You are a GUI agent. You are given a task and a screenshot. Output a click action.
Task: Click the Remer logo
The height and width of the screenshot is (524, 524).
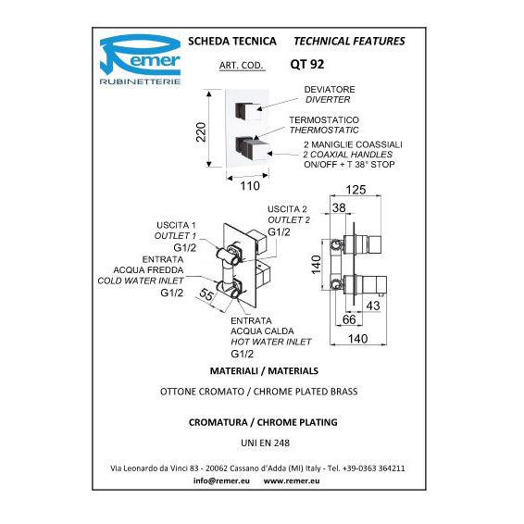(140, 59)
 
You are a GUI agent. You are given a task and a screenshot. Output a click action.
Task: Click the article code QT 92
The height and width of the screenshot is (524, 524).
(307, 64)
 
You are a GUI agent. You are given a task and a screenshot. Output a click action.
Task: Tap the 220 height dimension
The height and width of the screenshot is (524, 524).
(201, 132)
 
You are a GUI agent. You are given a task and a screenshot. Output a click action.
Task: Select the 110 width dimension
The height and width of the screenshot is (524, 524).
(250, 186)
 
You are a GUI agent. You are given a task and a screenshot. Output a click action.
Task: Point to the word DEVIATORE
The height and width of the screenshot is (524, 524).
(330, 90)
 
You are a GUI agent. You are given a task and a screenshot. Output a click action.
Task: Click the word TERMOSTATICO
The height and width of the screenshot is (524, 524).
(324, 120)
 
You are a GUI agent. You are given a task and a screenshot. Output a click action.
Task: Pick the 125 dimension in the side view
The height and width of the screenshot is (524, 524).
(356, 190)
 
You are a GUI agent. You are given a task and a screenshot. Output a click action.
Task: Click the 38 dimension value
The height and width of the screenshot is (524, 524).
(339, 208)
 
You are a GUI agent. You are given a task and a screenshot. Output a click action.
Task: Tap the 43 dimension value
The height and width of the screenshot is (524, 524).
(373, 306)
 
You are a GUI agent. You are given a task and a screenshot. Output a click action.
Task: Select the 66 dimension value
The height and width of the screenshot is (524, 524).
(349, 319)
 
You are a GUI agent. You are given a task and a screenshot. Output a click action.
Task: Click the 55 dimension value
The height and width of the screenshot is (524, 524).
(206, 294)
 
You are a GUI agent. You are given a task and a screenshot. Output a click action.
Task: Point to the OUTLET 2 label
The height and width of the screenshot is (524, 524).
(289, 220)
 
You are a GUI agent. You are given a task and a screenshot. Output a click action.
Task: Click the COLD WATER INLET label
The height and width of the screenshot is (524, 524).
(141, 281)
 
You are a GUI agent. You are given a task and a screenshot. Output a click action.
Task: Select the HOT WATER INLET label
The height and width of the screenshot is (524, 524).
(271, 342)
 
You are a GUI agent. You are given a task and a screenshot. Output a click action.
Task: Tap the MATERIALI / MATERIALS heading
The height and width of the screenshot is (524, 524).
(264, 371)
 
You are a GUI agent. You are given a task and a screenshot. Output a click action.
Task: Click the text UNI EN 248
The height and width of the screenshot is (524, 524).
(266, 443)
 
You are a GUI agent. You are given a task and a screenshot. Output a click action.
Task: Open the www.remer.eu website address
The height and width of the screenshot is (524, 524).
(292, 480)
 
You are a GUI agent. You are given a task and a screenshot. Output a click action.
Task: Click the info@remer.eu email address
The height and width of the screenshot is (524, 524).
(221, 480)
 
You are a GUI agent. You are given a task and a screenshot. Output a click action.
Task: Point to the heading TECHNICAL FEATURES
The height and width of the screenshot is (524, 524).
(349, 41)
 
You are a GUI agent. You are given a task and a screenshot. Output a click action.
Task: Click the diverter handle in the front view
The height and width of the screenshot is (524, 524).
(248, 110)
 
